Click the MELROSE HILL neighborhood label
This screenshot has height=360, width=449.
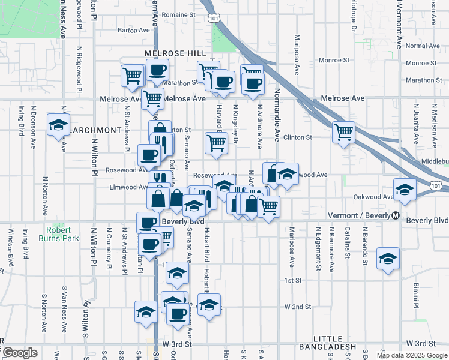click(172, 53)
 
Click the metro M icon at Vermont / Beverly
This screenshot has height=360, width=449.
click(396, 216)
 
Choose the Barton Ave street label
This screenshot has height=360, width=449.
click(133, 29)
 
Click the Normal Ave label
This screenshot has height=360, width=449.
click(423, 46)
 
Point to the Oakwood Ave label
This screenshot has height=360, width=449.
click(373, 197)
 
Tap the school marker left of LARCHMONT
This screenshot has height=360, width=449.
click(59, 124)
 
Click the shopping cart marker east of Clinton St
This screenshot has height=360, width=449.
click(343, 132)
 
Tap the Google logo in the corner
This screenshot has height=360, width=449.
click(20, 353)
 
